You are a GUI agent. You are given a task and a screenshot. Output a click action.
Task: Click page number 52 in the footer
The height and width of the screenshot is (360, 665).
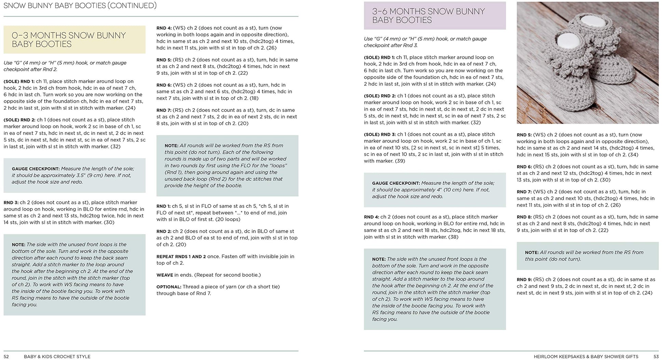pyautogui.click(x=6, y=357)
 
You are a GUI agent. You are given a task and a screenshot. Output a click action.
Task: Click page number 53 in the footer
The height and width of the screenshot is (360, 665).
pyautogui.click(x=656, y=357)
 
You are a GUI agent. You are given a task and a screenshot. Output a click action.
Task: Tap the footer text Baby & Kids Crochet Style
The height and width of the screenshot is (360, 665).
pyautogui.click(x=57, y=357)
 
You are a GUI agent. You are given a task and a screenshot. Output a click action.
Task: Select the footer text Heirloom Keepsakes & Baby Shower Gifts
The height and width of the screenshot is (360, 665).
pyautogui.click(x=586, y=357)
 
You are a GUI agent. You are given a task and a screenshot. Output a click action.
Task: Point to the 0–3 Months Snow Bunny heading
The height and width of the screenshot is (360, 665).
pyautogui.click(x=69, y=40)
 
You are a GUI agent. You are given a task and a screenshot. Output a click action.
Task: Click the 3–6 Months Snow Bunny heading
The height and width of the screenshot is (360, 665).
pyautogui.click(x=428, y=16)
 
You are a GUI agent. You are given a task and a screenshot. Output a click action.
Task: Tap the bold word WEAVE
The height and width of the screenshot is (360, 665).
pyautogui.click(x=165, y=275)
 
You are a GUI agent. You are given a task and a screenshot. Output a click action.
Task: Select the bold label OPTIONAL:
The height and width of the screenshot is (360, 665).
pyautogui.click(x=169, y=287)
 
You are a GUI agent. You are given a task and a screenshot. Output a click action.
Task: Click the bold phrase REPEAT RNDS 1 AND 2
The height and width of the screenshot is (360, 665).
pyautogui.click(x=181, y=257)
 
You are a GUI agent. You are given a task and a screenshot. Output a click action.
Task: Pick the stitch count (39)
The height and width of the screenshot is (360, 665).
pyautogui.click(x=400, y=161)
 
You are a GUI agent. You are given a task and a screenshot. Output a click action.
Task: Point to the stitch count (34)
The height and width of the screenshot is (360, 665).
pyautogui.click(x=633, y=155)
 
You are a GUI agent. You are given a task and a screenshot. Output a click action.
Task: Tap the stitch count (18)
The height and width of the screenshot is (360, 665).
pyautogui.click(x=253, y=98)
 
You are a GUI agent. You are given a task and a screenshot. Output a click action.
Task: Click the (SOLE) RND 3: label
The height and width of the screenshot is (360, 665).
pyautogui.click(x=379, y=135)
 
